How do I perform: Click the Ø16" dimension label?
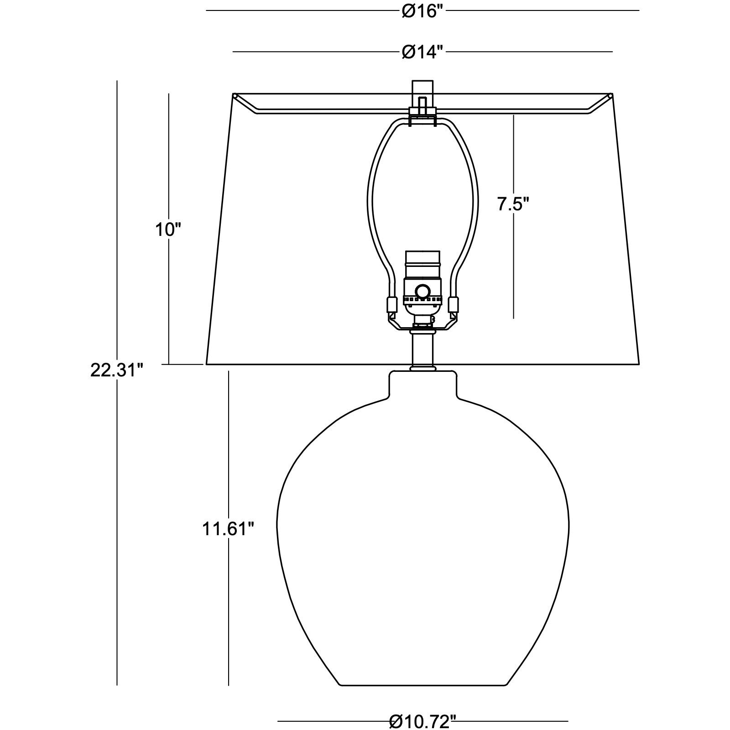pyautogui.click(x=422, y=11)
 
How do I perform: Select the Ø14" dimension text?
pyautogui.click(x=422, y=52)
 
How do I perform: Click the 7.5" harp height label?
pyautogui.click(x=513, y=204)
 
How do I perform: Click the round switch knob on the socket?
pyautogui.click(x=422, y=291)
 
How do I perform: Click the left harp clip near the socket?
pyautogui.click(x=391, y=304)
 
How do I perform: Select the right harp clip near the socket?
pyautogui.click(x=454, y=304)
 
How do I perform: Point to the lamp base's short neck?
pyautogui.click(x=422, y=383)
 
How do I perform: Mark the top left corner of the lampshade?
pyautogui.click(x=234, y=95)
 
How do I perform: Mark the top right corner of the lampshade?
pyautogui.click(x=611, y=95)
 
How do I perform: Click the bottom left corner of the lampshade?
pyautogui.click(x=207, y=364)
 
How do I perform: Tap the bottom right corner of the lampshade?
pyautogui.click(x=639, y=364)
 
